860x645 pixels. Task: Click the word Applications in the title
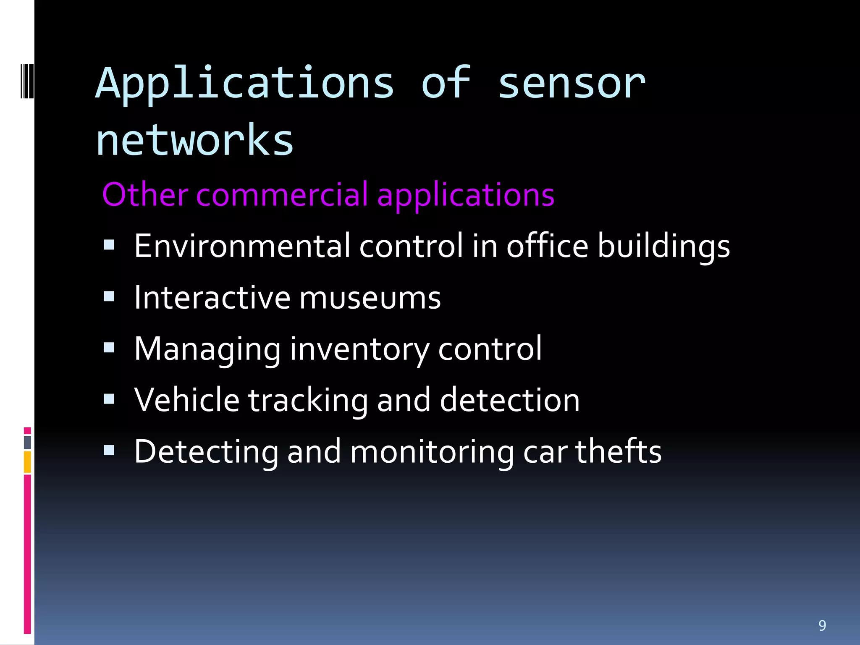coord(245,84)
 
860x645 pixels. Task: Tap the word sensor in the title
coord(571,84)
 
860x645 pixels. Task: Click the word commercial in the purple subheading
coord(281,195)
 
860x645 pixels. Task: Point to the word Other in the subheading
coord(145,195)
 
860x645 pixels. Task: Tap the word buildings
coord(663,246)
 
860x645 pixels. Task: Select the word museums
coord(370,298)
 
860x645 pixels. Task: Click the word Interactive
coord(212,297)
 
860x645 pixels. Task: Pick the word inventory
coord(359,349)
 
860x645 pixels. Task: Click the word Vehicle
coord(187,400)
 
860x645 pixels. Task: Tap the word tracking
coord(308,401)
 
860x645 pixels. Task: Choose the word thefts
coord(618,451)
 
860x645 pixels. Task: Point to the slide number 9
coord(822,626)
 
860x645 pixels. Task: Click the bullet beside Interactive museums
coord(109,296)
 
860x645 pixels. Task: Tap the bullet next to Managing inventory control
coord(109,348)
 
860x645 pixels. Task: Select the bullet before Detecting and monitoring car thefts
coord(109,450)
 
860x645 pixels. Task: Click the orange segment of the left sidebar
coord(27,462)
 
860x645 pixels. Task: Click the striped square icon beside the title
coord(27,81)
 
